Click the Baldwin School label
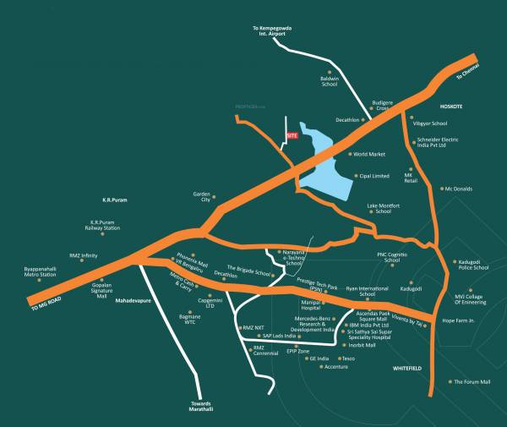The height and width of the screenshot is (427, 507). pos(330,82)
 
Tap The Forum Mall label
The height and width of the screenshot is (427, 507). pos(472,382)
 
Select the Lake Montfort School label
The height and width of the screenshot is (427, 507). pos(384,208)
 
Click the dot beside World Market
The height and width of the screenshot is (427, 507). pos(348,155)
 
